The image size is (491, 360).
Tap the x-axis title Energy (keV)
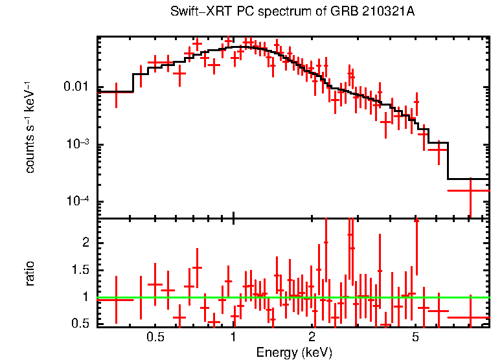click(x=294, y=352)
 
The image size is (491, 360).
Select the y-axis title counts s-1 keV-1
click(x=30, y=127)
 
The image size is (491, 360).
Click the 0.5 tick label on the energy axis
click(x=155, y=337)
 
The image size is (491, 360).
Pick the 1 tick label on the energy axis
click(x=233, y=337)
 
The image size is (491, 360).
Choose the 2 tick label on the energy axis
click(x=312, y=337)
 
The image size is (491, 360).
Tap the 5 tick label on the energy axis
click(x=415, y=337)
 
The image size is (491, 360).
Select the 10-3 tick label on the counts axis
click(x=79, y=144)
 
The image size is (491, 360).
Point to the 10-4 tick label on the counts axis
click(x=79, y=201)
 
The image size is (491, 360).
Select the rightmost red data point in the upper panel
click(x=469, y=190)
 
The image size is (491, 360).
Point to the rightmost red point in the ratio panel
click(x=469, y=317)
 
